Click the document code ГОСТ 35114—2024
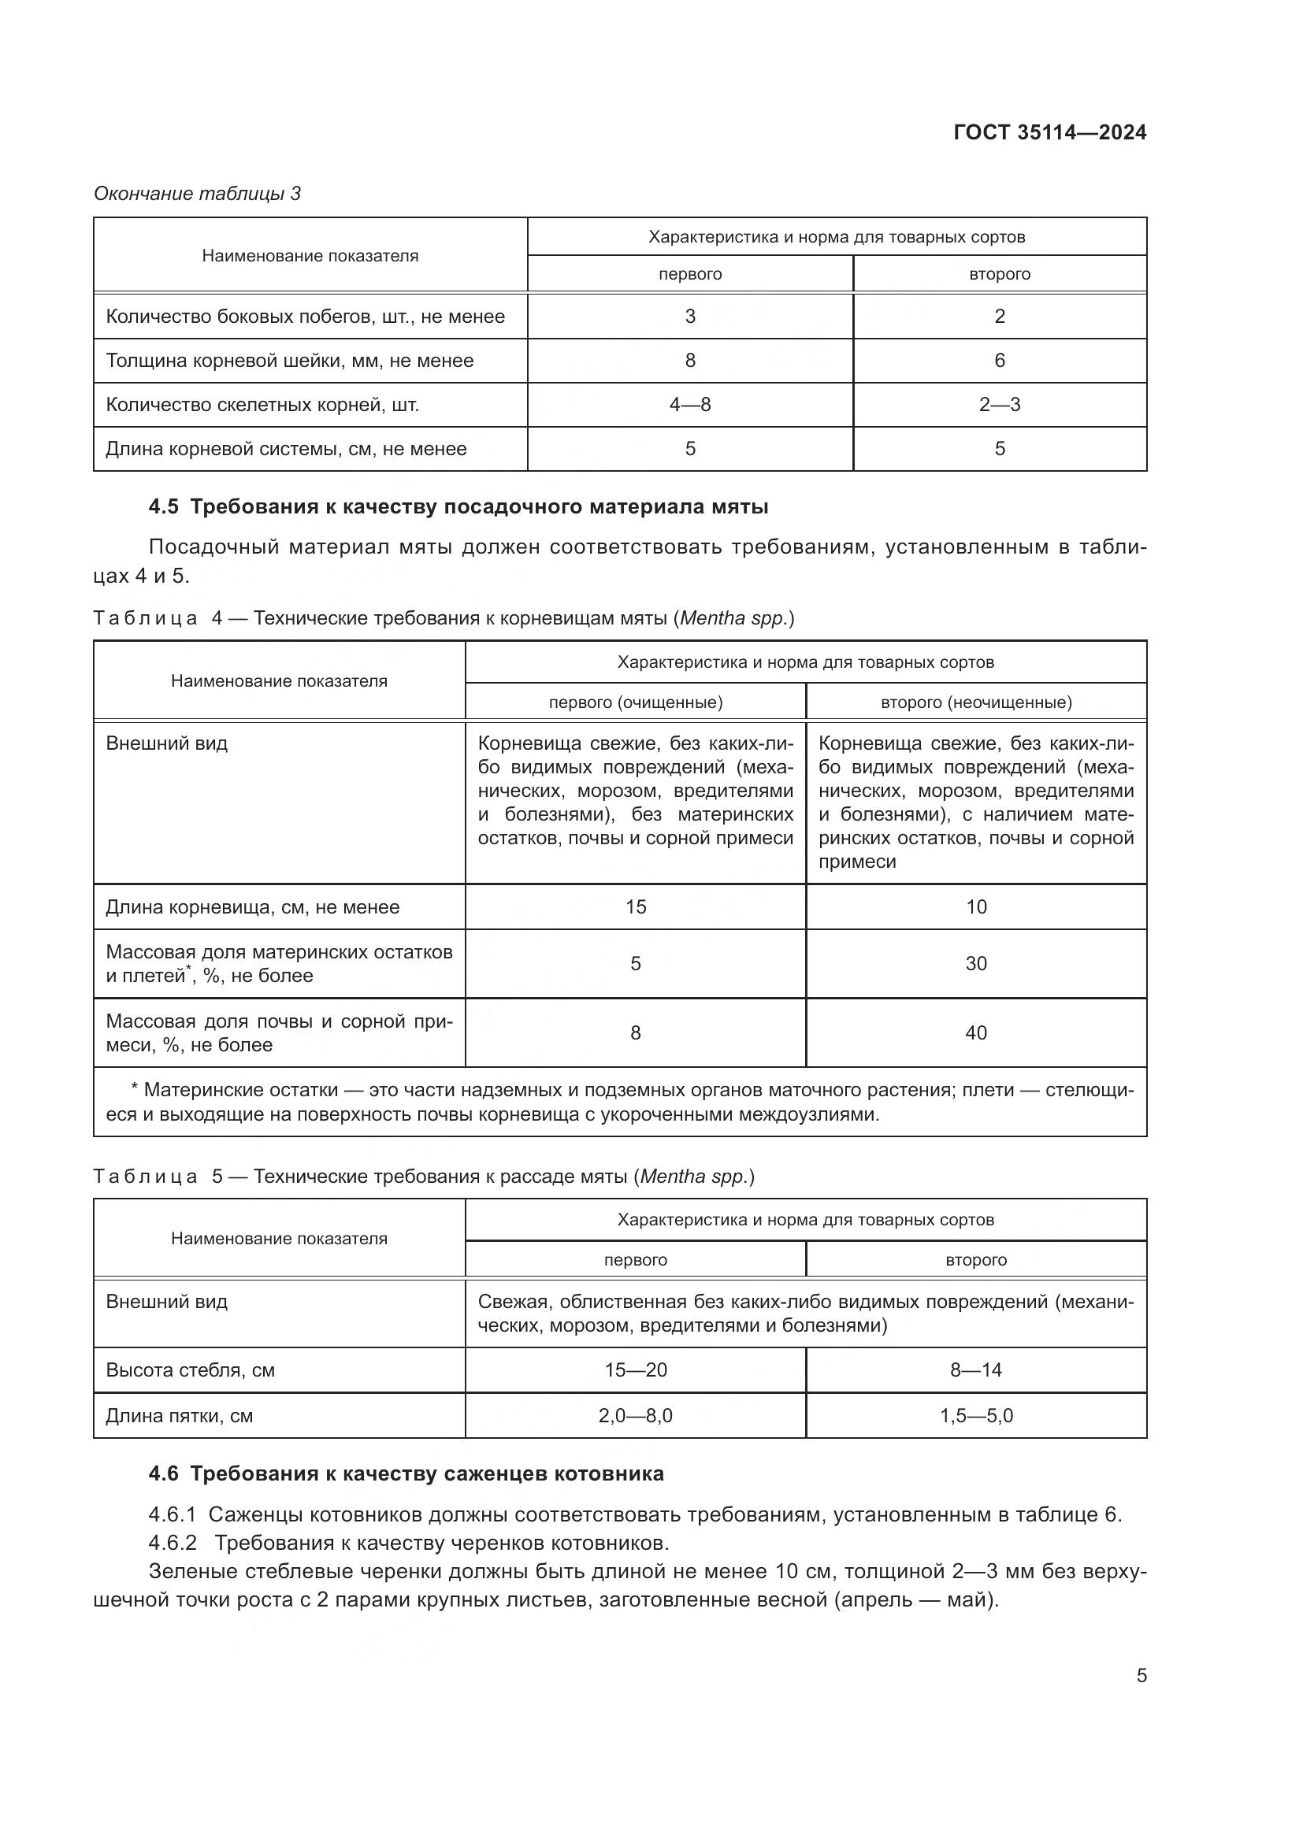1049,132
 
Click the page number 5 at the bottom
1141,1676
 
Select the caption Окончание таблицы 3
198,194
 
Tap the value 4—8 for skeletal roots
690,404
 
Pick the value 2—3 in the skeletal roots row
999,404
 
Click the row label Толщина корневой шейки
290,360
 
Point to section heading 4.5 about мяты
458,507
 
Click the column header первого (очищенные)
636,702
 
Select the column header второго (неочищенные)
975,702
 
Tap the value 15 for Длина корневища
636,906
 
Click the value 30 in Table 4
975,963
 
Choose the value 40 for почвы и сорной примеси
975,1032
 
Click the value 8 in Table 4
636,1032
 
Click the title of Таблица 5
424,1176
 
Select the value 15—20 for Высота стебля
636,1369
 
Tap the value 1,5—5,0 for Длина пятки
975,1415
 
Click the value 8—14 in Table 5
975,1369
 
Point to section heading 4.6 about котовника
406,1473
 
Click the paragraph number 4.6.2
173,1543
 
